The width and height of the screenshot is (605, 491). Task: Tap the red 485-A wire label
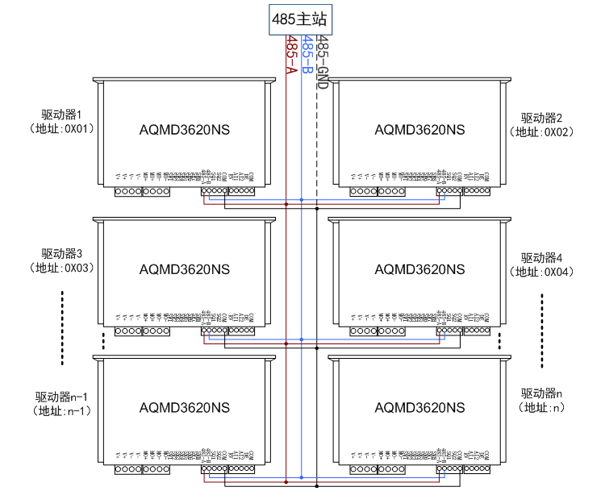click(291, 56)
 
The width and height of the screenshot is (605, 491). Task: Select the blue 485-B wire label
click(307, 56)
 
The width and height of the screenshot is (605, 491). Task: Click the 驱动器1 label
click(63, 115)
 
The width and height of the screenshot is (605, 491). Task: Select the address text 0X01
click(79, 129)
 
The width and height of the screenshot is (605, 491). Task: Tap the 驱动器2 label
click(541, 119)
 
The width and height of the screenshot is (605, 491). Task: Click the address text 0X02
click(557, 132)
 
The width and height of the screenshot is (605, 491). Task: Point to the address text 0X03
click(79, 268)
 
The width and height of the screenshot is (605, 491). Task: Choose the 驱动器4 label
click(541, 258)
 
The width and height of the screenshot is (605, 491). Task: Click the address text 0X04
click(557, 272)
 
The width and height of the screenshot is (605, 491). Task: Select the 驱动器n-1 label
click(61, 397)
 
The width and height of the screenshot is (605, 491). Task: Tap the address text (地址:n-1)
click(61, 410)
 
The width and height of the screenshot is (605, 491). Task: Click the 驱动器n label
click(541, 393)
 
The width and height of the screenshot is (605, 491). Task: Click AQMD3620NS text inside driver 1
click(184, 130)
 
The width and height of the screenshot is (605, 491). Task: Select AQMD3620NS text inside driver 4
click(419, 268)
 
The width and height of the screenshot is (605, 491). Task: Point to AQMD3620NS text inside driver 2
click(419, 130)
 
